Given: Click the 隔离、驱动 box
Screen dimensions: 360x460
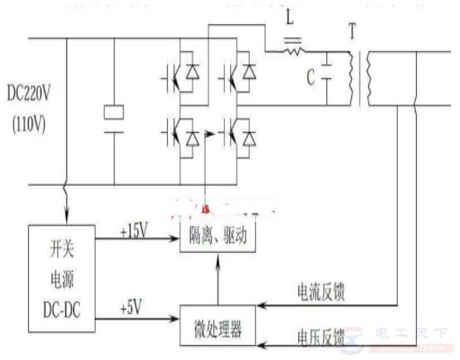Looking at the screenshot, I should click(x=218, y=237).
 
